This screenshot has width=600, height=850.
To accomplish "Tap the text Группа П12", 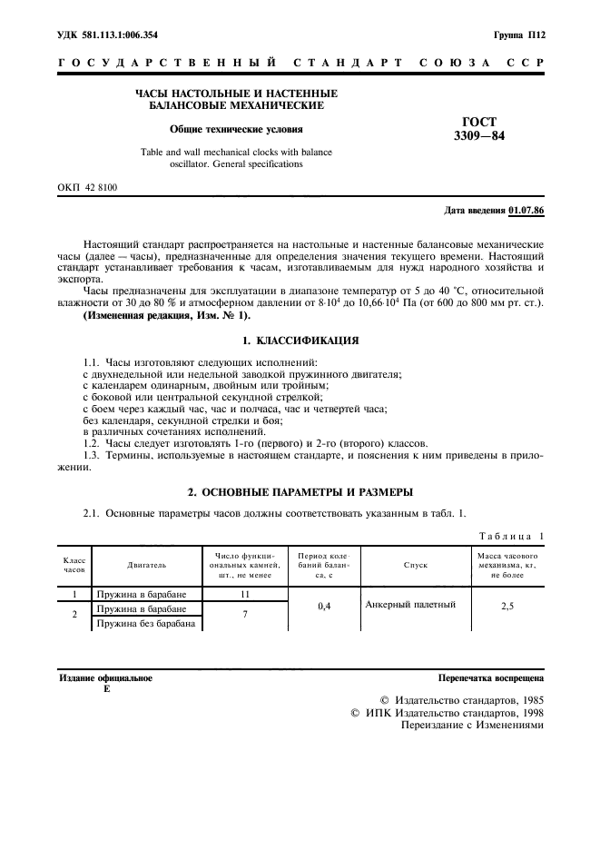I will pyautogui.click(x=518, y=34).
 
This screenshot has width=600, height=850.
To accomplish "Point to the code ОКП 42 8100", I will pyautogui.click(x=87, y=187).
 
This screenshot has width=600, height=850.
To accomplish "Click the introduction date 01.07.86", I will pyautogui.click(x=527, y=210).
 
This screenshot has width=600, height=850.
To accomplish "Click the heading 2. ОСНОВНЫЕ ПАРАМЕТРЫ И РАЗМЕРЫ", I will pyautogui.click(x=300, y=491).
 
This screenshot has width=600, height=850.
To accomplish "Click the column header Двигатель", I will pyautogui.click(x=146, y=564).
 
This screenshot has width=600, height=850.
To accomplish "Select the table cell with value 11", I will pyautogui.click(x=245, y=595).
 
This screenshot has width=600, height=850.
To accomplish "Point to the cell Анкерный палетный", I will pyautogui.click(x=404, y=604).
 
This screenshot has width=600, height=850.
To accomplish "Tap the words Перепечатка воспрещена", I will pyautogui.click(x=490, y=677).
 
